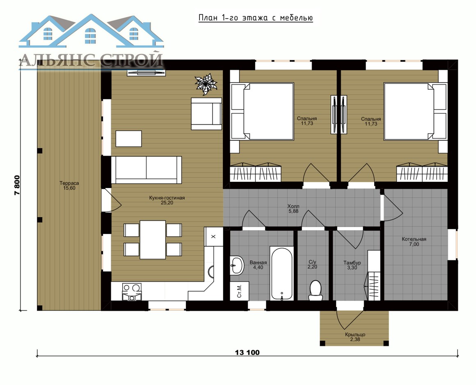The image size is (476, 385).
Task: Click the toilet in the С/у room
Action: coord(316,290)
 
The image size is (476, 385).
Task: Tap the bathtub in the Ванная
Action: coord(282,273)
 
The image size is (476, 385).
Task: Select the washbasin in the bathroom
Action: coord(237,265)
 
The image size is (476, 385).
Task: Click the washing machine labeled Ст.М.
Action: coord(239,291)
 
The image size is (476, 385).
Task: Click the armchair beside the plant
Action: coord(206,114)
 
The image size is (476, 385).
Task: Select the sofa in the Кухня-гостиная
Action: coord(146,170)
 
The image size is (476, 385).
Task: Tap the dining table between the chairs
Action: coord(153,240)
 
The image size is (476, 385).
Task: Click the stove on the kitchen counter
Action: coord(132,292)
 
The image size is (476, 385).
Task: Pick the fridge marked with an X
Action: coord(213,236)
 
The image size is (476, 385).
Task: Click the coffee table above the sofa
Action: coord(129,138)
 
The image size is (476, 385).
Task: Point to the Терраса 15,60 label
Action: coord(69,186)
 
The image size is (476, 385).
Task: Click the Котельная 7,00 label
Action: coord(414,241)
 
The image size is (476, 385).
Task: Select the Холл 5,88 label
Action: coord(293,209)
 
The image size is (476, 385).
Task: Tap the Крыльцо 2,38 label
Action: coord(355,337)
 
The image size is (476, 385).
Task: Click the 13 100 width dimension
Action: coord(247,353)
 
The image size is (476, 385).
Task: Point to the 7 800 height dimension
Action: coord(17,185)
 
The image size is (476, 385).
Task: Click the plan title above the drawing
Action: coord(256,18)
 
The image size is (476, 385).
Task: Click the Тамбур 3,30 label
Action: coord(352,265)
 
